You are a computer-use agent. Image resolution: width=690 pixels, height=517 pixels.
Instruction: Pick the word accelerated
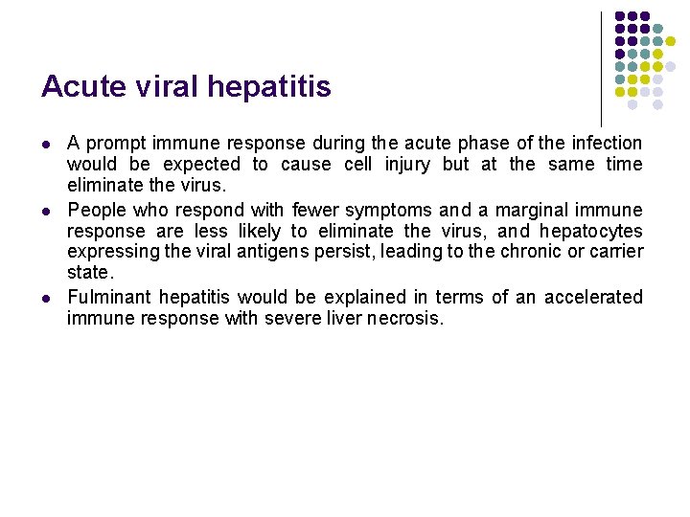591,297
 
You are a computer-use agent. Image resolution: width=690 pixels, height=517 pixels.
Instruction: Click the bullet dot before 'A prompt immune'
46,145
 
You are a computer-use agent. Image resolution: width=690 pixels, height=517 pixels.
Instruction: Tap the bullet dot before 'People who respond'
46,210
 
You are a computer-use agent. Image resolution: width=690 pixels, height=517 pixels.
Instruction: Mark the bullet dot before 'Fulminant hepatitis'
46,298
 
